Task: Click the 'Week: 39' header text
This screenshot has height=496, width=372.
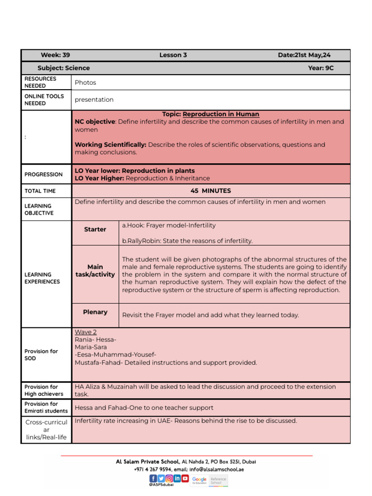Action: pos(55,55)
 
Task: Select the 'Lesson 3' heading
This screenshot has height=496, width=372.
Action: pos(173,55)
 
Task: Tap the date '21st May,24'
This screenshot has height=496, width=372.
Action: pos(304,55)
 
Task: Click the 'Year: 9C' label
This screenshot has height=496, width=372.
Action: pos(321,68)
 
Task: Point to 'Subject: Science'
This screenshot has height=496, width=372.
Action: pos(63,68)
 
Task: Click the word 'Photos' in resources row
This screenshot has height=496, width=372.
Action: pos(85,83)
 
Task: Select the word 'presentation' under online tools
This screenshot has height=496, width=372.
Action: pos(94,100)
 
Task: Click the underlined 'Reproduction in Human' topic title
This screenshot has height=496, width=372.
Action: pos(220,114)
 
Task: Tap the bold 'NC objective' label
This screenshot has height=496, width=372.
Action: pos(95,122)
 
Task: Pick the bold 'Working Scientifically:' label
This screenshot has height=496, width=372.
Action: pos(110,145)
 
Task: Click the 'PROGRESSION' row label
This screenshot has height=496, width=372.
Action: pos(44,174)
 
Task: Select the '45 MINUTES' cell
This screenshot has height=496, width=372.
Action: pos(211,191)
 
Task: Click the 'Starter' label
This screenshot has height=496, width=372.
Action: pos(95,230)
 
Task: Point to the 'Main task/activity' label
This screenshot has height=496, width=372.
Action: pos(95,271)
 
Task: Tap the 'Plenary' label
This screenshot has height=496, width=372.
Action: pos(95,312)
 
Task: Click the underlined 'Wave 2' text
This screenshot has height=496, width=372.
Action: pos(86,332)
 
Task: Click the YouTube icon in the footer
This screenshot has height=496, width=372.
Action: pos(185,478)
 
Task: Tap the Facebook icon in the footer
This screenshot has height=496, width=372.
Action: pos(153,478)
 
